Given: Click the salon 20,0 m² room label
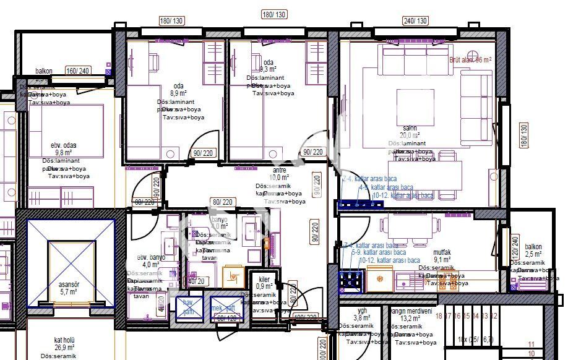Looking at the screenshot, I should (x=408, y=132).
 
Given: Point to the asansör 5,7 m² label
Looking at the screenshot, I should (x=67, y=288).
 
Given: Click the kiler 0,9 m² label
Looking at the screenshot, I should (x=264, y=283).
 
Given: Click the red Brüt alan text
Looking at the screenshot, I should (x=470, y=60).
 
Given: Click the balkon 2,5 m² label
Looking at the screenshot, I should (x=533, y=250).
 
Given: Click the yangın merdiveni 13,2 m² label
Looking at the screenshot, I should (x=408, y=315).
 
